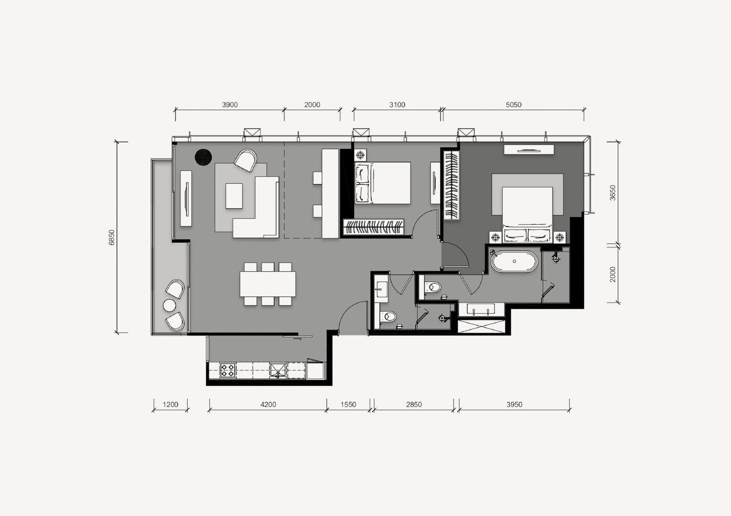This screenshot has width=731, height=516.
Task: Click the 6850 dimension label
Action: [112, 238]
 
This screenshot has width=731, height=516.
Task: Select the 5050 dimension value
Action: [514, 105]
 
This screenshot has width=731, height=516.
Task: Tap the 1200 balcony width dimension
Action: [171, 405]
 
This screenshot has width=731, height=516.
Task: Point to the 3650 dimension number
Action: [613, 193]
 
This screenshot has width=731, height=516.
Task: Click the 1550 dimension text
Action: [348, 405]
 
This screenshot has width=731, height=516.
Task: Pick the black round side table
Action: [203, 157]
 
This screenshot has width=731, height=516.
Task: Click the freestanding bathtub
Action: [514, 261]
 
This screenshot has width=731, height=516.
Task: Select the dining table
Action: [268, 284]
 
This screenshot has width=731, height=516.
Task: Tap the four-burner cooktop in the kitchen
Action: [228, 370]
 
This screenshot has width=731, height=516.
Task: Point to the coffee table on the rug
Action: [234, 196]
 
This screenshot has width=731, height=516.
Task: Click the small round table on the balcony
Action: [170, 305]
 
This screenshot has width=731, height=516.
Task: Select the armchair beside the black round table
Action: [246, 160]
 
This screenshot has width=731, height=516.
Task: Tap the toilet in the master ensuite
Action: [433, 287]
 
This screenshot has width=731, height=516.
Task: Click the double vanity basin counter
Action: [481, 309]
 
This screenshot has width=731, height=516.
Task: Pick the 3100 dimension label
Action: [397, 105]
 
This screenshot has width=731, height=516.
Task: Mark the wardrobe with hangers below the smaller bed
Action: [374, 227]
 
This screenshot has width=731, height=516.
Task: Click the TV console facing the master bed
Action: [529, 150]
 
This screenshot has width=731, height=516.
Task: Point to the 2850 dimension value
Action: [414, 405]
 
